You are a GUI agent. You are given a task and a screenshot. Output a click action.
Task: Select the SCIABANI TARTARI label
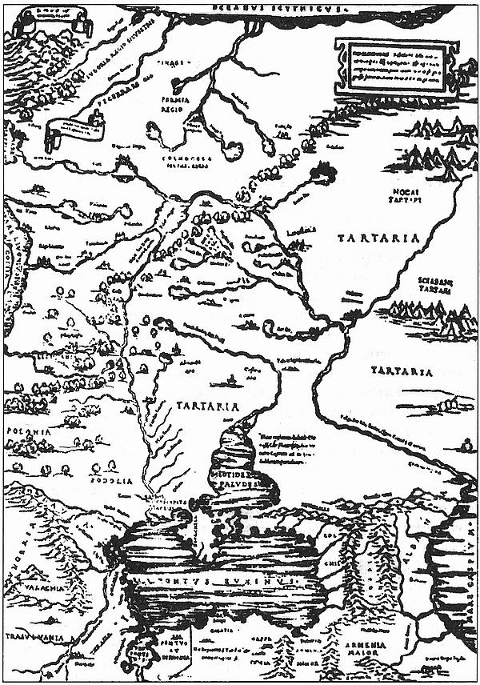435,287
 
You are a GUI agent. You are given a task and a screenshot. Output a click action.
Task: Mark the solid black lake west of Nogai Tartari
323,170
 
